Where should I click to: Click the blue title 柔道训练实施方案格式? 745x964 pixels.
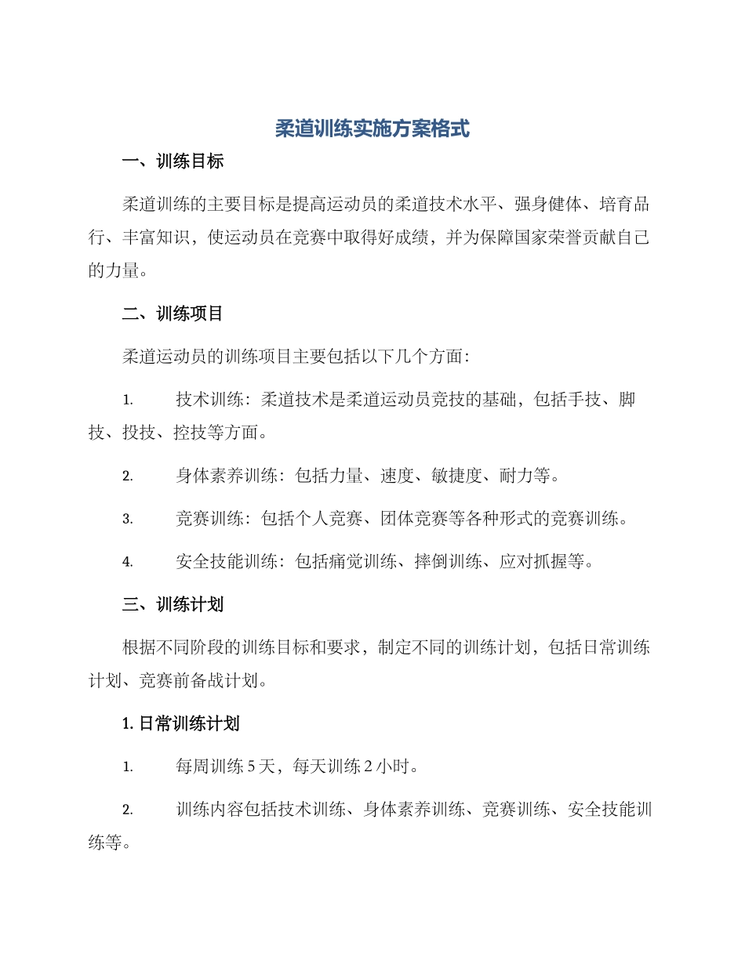click(x=372, y=129)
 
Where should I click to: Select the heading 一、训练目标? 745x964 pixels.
click(x=173, y=162)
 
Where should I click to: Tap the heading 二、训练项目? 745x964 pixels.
click(x=173, y=313)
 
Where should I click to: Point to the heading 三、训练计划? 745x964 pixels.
click(x=173, y=604)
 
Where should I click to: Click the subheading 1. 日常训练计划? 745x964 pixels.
click(x=181, y=724)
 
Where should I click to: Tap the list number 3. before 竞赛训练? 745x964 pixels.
click(x=128, y=519)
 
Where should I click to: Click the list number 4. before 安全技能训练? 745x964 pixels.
click(x=128, y=562)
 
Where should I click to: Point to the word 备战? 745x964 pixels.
click(x=207, y=681)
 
